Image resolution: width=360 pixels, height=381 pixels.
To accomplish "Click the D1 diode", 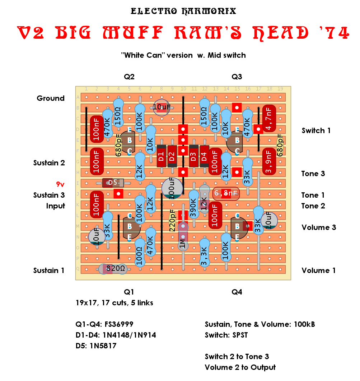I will click(x=162, y=156).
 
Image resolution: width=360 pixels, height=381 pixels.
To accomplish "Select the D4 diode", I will click(x=205, y=156).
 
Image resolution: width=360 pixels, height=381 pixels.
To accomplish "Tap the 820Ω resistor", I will click(x=113, y=269).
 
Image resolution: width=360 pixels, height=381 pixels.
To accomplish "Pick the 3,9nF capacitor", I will click(x=269, y=161).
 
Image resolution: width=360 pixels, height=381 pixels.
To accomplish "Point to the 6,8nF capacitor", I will click(x=226, y=193).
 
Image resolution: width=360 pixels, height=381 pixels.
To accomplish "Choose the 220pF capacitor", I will click(x=172, y=220).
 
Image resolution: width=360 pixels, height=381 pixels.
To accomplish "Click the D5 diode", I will click(x=113, y=183).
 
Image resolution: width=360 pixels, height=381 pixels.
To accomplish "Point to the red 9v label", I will click(x=60, y=184).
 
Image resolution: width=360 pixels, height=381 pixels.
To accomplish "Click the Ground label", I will click(x=51, y=98).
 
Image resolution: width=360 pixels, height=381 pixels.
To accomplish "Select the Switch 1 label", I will click(x=316, y=131).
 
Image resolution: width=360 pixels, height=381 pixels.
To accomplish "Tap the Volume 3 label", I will click(x=319, y=227).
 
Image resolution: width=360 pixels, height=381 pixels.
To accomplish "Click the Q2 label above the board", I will click(x=129, y=77).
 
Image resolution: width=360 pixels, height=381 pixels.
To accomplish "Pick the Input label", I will click(x=56, y=206).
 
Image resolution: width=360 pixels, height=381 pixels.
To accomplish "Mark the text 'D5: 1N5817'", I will click(x=97, y=346).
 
